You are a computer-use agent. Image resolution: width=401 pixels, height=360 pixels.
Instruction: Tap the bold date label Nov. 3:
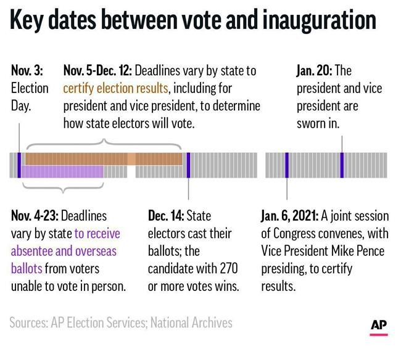pos(26,72)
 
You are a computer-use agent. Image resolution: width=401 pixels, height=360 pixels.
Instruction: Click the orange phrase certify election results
pos(117,89)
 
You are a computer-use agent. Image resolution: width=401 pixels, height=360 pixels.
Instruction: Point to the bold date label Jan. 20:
pos(313,72)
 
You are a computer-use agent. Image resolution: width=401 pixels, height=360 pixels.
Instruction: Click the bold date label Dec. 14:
pos(165,216)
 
